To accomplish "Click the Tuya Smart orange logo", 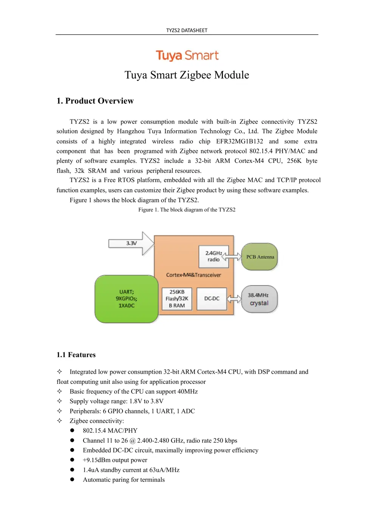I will pos(187,56).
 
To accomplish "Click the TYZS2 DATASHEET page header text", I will pos(187,30).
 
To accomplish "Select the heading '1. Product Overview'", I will pos(95,101).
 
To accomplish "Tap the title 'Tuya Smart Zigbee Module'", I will pos(187,75).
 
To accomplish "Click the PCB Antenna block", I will pos(260,257).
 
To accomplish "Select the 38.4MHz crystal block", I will pos(259,299).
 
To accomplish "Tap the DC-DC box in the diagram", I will pos(212,299).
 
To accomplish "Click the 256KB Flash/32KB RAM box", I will pos(177,299).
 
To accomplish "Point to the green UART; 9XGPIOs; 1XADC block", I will pos(126,299).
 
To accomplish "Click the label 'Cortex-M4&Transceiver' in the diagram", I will pos(193,275).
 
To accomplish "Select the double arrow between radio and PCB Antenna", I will pos(232,257).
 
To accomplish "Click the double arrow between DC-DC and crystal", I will pos(234,299).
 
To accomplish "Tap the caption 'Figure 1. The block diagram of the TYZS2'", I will pos(187,210).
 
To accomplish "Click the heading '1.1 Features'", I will pos(76,355).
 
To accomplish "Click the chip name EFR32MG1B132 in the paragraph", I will pos(240,141).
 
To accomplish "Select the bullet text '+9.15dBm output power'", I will pos(115,460).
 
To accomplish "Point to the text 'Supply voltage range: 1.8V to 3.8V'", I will pos(116,401).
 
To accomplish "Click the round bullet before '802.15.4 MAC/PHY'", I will pos(72,431).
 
